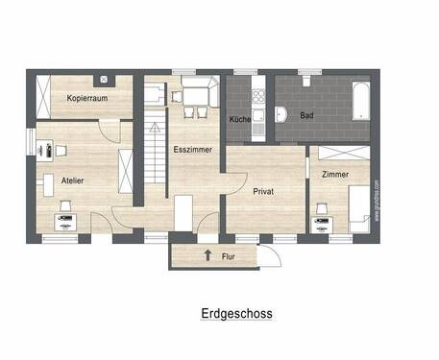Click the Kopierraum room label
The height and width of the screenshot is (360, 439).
[86, 99]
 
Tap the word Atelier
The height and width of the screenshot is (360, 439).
[72, 180]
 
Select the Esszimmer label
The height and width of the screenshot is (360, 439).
[192, 150]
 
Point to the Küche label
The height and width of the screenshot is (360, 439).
[239, 119]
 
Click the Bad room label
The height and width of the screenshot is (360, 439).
[306, 115]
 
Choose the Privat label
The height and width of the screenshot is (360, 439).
[263, 191]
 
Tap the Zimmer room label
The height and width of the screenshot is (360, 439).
[335, 174]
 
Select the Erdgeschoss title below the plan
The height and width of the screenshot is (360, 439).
[236, 313]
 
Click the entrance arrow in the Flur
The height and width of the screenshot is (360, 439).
[207, 255]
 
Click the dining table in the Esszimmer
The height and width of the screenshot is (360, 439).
[193, 95]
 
